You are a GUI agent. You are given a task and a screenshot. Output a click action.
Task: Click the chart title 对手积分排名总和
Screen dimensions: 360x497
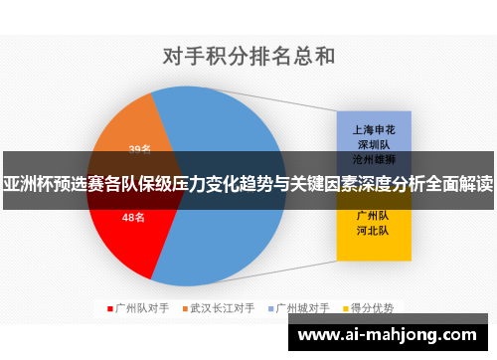(x=248, y=55)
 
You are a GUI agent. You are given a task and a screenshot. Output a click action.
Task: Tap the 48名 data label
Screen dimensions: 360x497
(x=134, y=217)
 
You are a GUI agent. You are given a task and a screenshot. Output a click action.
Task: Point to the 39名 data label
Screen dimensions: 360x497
(x=140, y=150)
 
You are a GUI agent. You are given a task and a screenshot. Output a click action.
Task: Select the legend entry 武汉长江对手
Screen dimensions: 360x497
(x=222, y=307)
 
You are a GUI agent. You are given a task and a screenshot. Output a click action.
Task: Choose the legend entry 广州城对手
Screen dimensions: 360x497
(x=301, y=307)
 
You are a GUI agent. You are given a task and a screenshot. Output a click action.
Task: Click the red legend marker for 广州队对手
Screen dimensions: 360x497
(x=109, y=307)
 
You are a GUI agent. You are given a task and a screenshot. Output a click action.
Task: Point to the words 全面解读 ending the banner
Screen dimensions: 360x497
(x=462, y=183)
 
